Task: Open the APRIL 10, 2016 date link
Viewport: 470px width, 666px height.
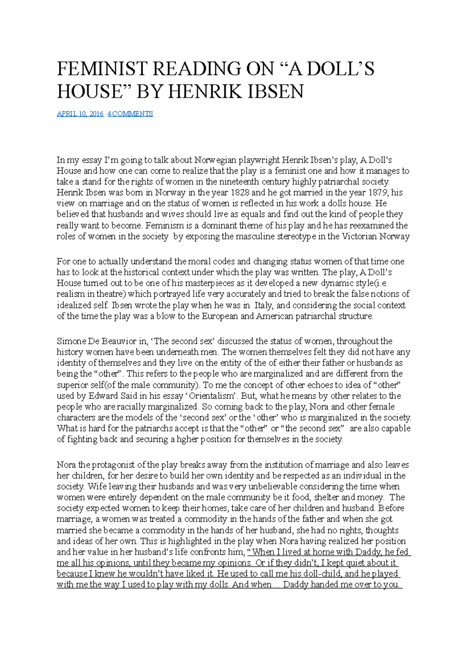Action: coord(80,114)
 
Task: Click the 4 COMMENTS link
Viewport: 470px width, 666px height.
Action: coord(130,114)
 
